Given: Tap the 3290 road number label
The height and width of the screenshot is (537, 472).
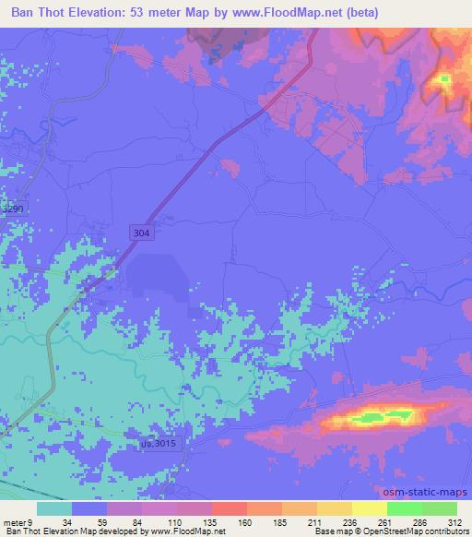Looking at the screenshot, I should pos(12,209).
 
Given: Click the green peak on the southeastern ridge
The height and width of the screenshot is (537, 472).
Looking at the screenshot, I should pos(387,416).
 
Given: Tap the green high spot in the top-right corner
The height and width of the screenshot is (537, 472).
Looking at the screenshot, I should pos(446,79).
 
